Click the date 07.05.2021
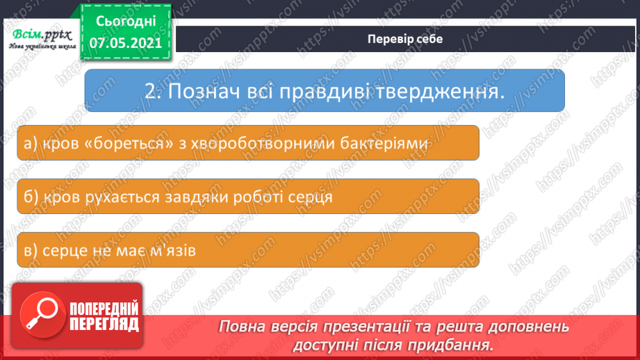point(125,42)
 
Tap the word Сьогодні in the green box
point(125,20)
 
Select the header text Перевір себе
point(405,39)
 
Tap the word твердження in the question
point(431,92)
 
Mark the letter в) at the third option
point(29,251)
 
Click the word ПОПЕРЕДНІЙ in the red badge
point(104,309)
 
